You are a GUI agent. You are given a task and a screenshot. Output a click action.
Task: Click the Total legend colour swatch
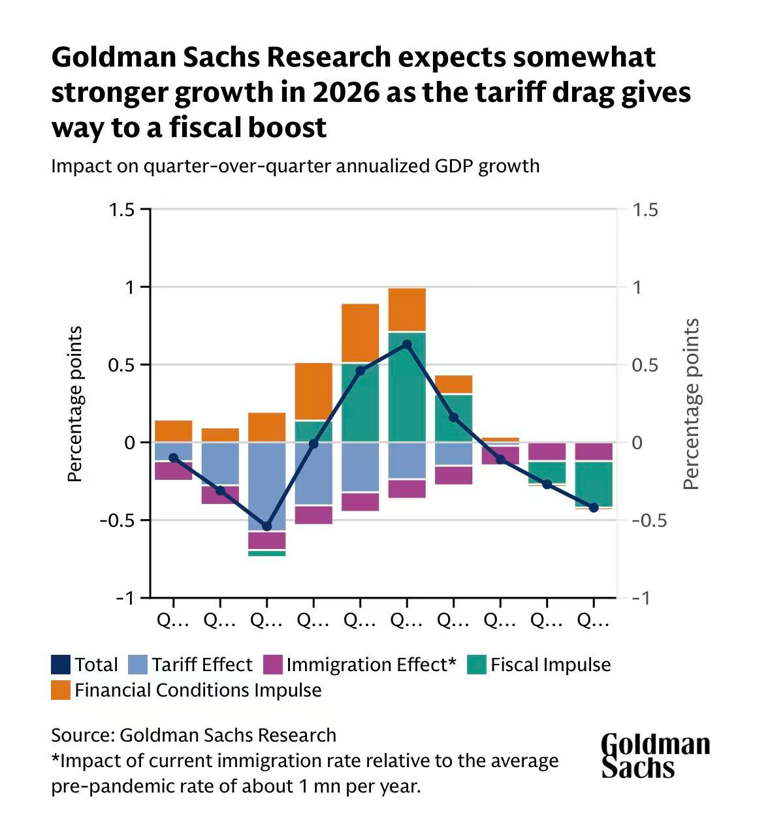(61, 665)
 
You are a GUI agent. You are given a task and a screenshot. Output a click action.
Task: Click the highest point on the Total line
(407, 344)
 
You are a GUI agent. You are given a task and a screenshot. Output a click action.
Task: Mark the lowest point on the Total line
(266, 526)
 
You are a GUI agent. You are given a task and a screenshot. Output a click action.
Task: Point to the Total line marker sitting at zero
(313, 444)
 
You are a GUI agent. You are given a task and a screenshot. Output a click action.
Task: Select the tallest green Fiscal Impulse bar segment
(407, 387)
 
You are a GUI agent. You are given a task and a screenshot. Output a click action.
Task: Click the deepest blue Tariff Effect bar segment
(266, 486)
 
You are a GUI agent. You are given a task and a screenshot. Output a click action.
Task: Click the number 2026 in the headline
(346, 92)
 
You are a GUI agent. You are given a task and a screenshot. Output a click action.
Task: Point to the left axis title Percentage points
(76, 404)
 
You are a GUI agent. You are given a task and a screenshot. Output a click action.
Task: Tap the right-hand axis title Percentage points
(691, 404)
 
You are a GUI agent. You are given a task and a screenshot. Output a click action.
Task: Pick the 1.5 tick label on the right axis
(645, 210)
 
